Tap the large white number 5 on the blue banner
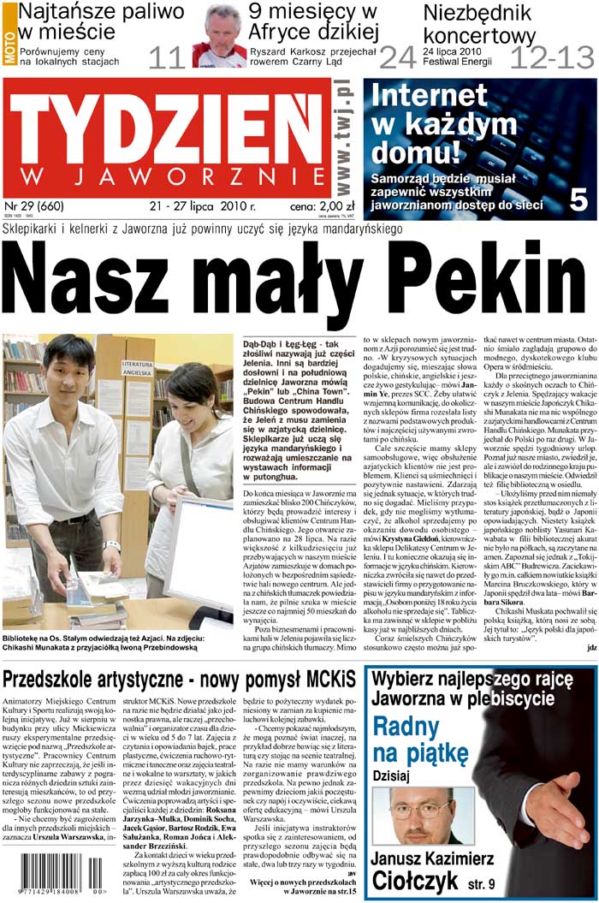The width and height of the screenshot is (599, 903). coord(578,199)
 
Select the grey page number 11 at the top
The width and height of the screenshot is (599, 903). coord(166,57)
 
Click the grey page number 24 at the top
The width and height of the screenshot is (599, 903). coord(398,57)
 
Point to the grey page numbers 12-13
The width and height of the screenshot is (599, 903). coord(552,57)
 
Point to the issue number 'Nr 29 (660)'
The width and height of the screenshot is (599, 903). coord(34,206)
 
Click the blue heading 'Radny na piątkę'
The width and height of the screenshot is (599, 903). coord(420,740)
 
